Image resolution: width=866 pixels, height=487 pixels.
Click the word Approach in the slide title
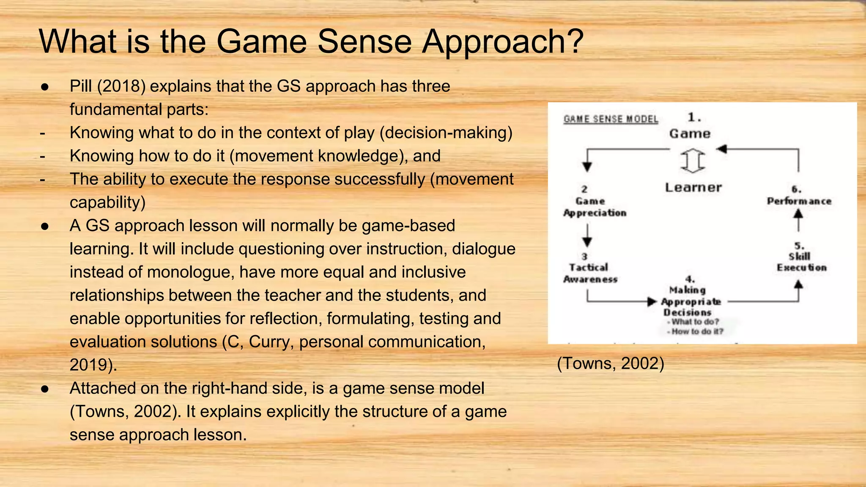pyautogui.click(x=502, y=42)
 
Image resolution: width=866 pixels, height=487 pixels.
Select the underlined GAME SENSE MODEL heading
pyautogui.click(x=611, y=119)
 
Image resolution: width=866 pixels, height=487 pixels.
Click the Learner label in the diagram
pyautogui.click(x=693, y=187)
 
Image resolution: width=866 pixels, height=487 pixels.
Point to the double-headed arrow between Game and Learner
pyautogui.click(x=693, y=161)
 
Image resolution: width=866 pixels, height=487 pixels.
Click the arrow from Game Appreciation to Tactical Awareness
pyautogui.click(x=587, y=235)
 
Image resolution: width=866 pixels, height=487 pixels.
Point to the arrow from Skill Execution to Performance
pyautogui.click(x=798, y=220)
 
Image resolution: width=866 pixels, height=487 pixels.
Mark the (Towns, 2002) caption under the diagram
pyautogui.click(x=611, y=364)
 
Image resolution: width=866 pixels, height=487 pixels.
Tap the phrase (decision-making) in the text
pyautogui.click(x=446, y=133)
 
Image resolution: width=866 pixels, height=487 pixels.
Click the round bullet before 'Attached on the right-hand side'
pyautogui.click(x=45, y=389)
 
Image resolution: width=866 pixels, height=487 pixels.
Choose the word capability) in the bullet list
pyautogui.click(x=107, y=202)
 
